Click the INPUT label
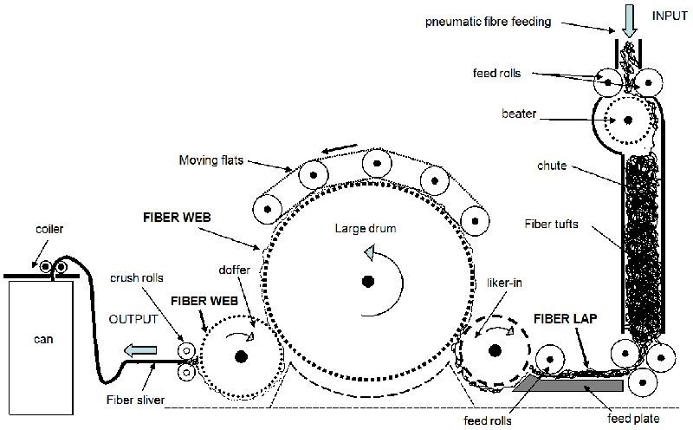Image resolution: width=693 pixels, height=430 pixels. (670, 16)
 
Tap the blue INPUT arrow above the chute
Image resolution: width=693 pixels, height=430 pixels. (630, 21)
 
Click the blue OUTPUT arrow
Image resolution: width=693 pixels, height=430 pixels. (140, 351)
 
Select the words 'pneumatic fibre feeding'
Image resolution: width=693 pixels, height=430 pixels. (489, 22)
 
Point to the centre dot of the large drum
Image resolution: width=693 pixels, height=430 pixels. (367, 282)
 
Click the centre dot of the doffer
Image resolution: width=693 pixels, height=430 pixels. (241, 356)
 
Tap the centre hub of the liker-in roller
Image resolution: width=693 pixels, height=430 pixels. (495, 351)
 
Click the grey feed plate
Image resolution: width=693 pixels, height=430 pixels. (569, 385)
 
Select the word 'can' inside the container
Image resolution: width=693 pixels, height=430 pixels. (43, 339)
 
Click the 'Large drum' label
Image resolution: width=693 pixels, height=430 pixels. (365, 228)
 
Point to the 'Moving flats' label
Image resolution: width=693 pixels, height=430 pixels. (211, 160)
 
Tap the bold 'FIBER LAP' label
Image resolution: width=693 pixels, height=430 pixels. (566, 318)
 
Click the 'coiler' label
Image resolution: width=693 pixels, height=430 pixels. (49, 229)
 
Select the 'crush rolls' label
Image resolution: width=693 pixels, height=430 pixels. (137, 277)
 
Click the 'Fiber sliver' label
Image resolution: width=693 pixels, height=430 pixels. (135, 400)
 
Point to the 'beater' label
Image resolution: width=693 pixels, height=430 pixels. (519, 114)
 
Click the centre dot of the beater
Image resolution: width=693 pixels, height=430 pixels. (627, 120)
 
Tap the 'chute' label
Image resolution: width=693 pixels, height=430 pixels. (552, 166)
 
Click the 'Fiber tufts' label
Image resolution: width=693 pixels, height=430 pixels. (551, 224)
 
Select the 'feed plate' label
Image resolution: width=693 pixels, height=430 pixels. (633, 419)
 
